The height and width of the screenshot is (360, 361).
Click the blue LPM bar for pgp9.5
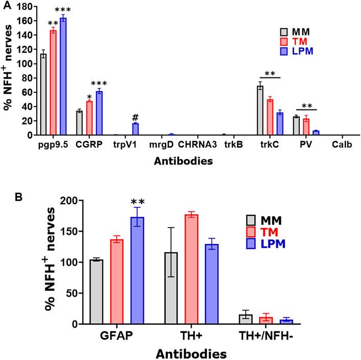[63, 76]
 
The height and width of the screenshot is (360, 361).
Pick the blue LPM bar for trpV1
[135, 129]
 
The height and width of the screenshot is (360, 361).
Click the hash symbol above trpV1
[135, 117]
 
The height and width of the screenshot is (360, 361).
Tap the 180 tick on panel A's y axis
[25, 8]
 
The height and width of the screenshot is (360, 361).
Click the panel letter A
[5, 5]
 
